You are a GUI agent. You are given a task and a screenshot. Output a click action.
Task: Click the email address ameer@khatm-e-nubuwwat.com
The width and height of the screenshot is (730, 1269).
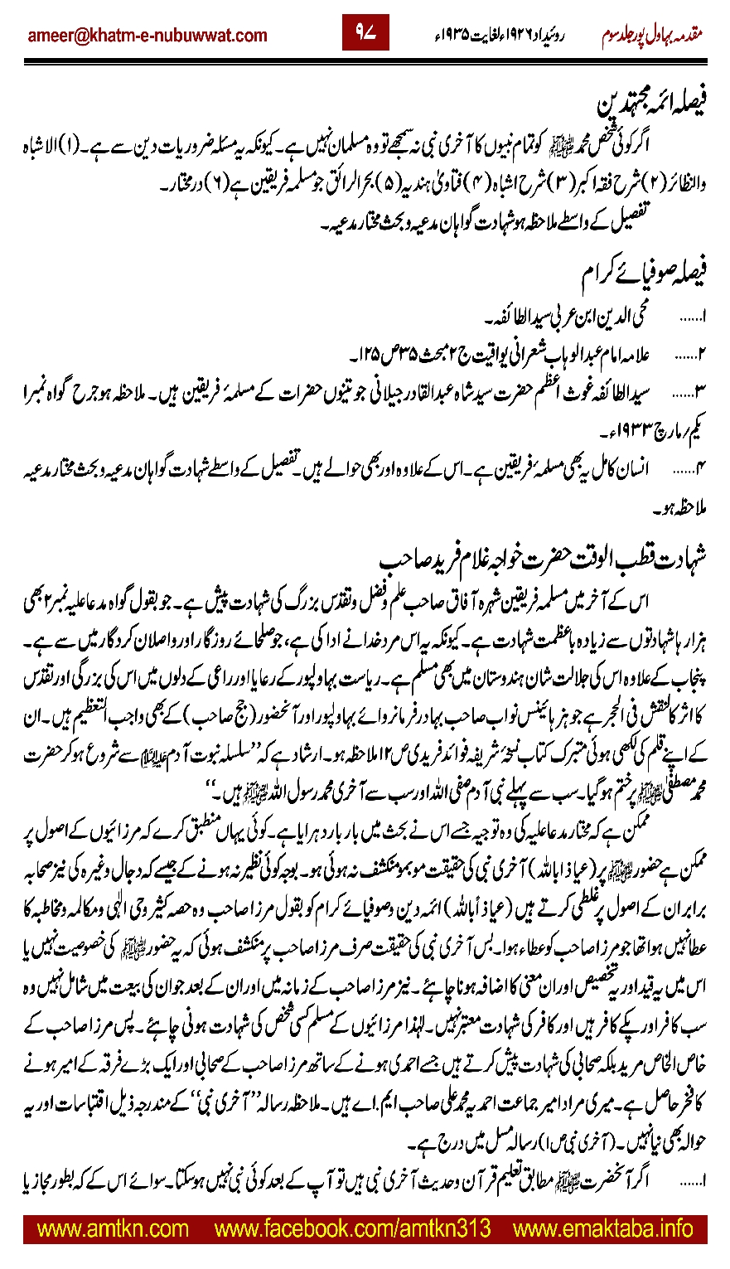[x=147, y=36]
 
